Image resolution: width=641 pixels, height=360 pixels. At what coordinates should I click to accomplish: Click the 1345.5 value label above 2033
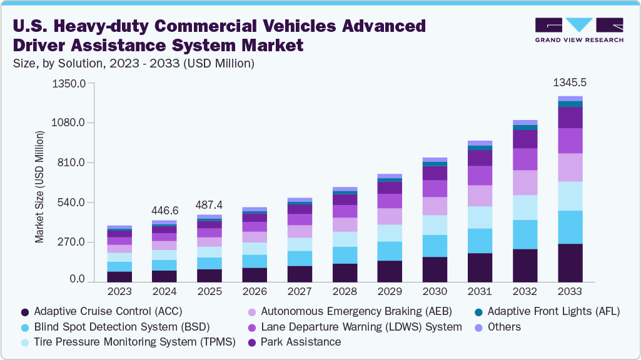coord(570,83)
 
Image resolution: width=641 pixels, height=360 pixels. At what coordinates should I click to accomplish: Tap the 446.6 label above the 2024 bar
coord(164,211)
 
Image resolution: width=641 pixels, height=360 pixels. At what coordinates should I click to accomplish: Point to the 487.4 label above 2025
coord(209,205)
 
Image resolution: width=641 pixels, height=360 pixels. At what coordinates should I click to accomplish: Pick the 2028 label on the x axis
coord(345,291)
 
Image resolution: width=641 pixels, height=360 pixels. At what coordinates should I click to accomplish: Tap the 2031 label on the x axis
coord(480,291)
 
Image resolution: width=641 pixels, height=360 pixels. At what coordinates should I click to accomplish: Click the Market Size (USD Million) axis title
coord(39,187)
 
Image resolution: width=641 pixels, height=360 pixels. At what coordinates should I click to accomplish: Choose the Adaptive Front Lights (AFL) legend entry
coord(553,311)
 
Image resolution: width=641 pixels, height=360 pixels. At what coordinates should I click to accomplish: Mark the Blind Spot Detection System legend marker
coord(25,327)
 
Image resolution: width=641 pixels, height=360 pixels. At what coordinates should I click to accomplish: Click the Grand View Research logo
coord(578,29)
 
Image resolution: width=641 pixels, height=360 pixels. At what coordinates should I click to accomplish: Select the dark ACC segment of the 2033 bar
coord(570,262)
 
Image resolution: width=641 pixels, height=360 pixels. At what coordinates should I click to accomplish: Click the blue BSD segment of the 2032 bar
coord(525,234)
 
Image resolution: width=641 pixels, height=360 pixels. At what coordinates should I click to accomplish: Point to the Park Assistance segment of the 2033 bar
coord(570,117)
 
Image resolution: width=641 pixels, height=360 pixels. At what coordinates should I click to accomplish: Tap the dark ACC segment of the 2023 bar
coord(119,276)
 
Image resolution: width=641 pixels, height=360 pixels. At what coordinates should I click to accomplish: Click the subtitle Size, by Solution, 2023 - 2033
coord(133,63)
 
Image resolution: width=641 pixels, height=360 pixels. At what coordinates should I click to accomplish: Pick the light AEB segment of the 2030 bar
coord(435,206)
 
